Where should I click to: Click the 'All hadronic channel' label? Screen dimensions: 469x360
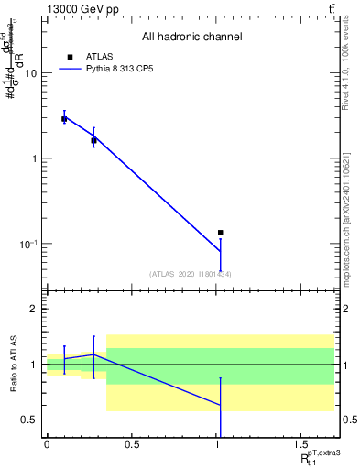(x=191, y=38)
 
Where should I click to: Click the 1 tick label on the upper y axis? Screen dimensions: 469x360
(x=35, y=158)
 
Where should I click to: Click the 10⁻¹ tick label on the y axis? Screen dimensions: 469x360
(x=30, y=244)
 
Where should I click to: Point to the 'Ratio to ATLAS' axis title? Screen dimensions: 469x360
(x=16, y=365)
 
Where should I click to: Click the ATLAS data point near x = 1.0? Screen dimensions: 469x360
(x=221, y=233)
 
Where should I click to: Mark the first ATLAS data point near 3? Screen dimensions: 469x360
(x=64, y=119)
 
